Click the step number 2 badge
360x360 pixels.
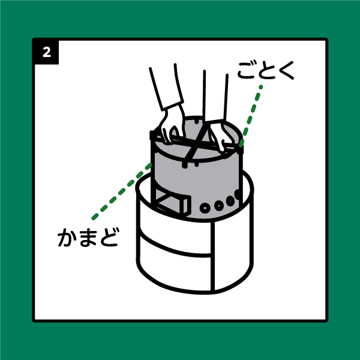click(x=47, y=53)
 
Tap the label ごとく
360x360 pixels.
click(x=266, y=70)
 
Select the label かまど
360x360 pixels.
click(x=88, y=237)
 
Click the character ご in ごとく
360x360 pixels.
click(x=247, y=70)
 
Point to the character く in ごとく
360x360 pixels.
click(x=286, y=71)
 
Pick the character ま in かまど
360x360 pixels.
click(x=89, y=238)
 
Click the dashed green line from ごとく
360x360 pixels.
click(x=250, y=116)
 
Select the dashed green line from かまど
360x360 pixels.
click(x=122, y=191)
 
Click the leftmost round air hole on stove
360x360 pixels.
click(x=205, y=208)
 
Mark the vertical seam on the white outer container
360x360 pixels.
click(x=213, y=256)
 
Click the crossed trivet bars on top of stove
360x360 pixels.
click(x=196, y=143)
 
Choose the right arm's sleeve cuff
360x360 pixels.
click(x=214, y=121)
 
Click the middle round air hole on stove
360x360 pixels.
click(x=219, y=205)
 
